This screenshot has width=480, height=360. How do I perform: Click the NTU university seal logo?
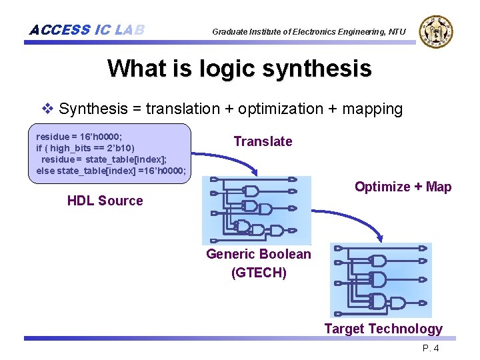coord(436,31)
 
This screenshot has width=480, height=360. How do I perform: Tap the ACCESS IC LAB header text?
coord(87,30)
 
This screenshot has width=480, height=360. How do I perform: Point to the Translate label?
coord(263,141)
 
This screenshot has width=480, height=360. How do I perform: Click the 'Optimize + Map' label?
coord(403,187)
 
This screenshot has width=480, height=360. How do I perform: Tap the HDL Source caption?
coord(105,201)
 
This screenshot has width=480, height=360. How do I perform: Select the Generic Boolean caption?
coord(259,254)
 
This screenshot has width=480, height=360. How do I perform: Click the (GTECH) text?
coord(259,273)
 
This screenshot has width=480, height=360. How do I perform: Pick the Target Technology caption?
coord(383,329)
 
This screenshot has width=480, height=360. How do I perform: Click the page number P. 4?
coord(430,349)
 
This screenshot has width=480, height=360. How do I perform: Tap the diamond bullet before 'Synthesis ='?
coord(47,109)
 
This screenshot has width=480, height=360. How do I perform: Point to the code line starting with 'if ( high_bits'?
coord(85,148)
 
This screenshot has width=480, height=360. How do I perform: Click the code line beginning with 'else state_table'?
coord(111,171)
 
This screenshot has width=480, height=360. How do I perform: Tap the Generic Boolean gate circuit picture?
coord(257,210)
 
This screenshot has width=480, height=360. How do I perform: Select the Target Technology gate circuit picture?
coord(381,280)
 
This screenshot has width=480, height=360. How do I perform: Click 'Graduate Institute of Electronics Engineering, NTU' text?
coord(309,31)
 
